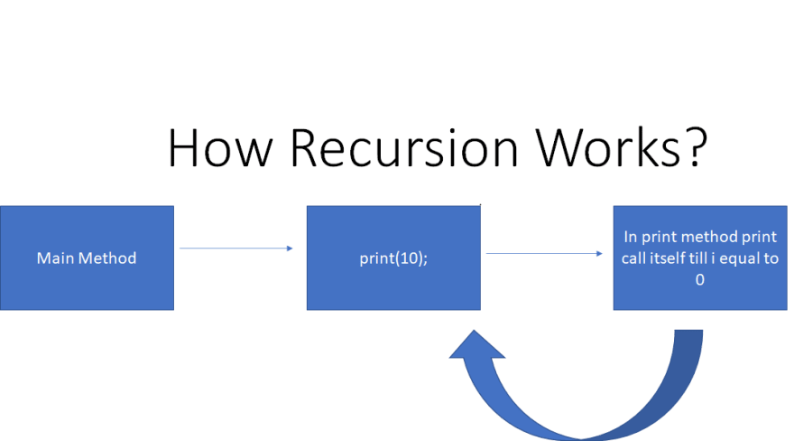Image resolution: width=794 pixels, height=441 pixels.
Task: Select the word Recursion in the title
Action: (x=404, y=147)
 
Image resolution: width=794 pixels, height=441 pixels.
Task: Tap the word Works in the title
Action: (x=606, y=147)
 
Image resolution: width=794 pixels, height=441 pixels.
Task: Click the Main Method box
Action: (x=87, y=258)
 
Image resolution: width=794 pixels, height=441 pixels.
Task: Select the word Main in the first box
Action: (x=52, y=258)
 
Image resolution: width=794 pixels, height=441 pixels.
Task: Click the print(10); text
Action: (x=393, y=258)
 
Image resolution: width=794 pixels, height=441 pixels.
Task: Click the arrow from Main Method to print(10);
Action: (x=236, y=249)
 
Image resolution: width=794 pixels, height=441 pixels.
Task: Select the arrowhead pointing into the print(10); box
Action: (x=291, y=249)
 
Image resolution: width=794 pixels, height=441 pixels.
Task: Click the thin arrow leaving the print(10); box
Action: (x=544, y=253)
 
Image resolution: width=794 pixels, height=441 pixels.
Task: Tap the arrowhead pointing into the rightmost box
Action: (x=600, y=253)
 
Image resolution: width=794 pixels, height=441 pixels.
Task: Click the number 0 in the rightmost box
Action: (x=700, y=280)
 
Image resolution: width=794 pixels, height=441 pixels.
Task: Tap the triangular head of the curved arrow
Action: (x=476, y=346)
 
